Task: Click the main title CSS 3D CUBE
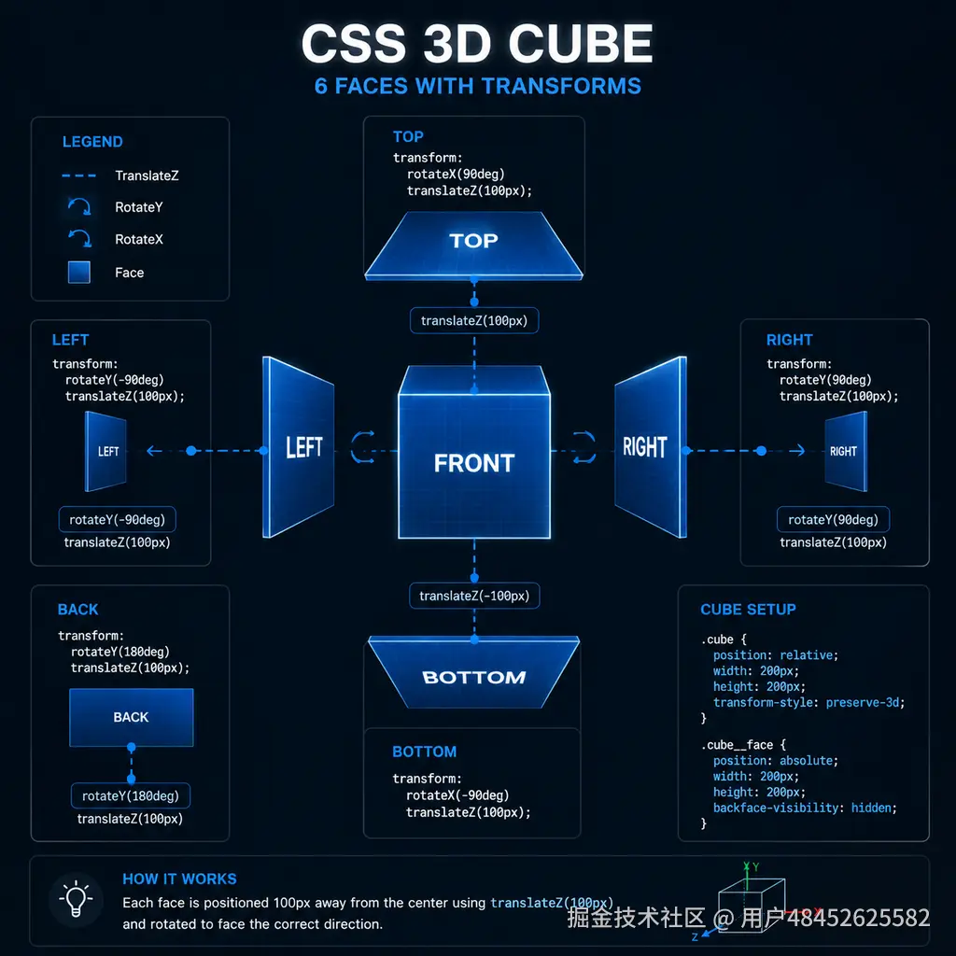pos(477,43)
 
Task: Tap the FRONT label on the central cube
pos(474,463)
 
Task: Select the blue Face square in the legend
pos(79,272)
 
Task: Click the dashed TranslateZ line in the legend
pos(78,176)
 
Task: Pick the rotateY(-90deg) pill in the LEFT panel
pos(117,519)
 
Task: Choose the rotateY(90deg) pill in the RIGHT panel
pos(833,519)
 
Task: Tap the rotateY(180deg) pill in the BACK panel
pos(131,795)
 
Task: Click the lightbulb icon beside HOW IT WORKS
pos(76,898)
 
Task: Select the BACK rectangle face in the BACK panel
pos(131,717)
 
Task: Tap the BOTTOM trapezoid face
pos(473,672)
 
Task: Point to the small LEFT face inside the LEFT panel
pos(105,451)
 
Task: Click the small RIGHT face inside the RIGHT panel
pos(846,451)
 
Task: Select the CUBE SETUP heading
pos(748,609)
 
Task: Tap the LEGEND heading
pos(92,142)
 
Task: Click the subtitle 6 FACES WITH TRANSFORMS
pos(477,86)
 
